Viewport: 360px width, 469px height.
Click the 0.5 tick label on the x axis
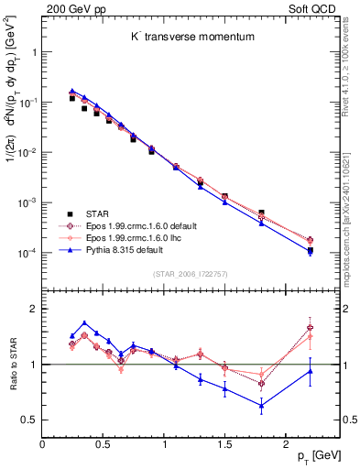pyautogui.click(x=103, y=444)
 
